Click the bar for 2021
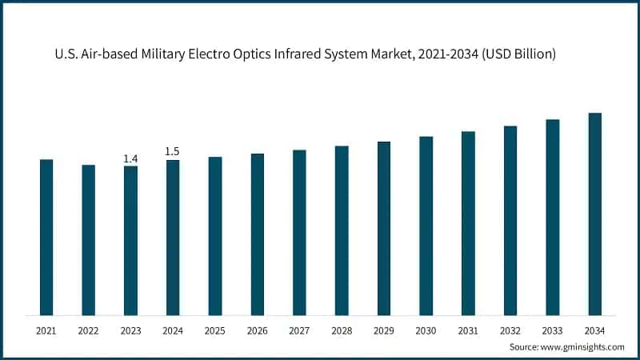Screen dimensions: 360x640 pyautogui.click(x=46, y=237)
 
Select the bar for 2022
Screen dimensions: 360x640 pyautogui.click(x=89, y=239)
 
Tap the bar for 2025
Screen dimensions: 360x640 pyautogui.click(x=215, y=235)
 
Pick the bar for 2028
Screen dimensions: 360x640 pyautogui.click(x=342, y=230)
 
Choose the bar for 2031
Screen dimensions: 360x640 pyautogui.click(x=468, y=222)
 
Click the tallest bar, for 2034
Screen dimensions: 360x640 pyautogui.click(x=594, y=214)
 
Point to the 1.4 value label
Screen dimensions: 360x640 pyautogui.click(x=131, y=159)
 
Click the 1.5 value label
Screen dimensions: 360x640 pyautogui.click(x=173, y=152)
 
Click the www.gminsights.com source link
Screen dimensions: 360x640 pyautogui.click(x=584, y=347)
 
